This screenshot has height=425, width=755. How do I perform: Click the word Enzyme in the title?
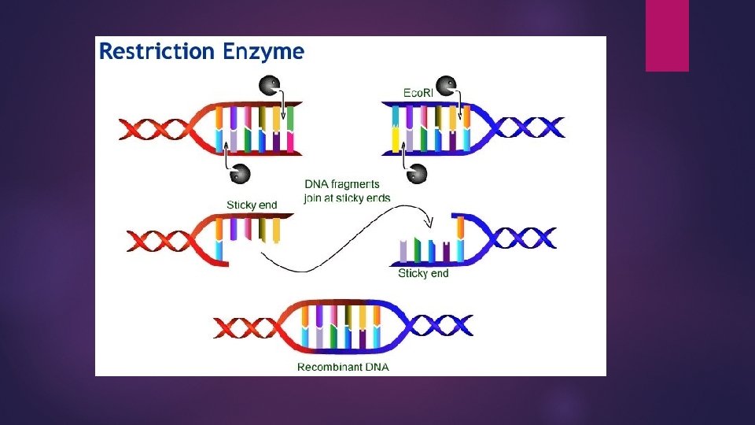263,52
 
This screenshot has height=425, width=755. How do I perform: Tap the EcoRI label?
418,93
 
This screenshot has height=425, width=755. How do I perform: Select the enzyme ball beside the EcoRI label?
446,86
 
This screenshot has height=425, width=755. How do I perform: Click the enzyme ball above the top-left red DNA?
269,86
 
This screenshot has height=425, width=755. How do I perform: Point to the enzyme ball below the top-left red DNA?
240,174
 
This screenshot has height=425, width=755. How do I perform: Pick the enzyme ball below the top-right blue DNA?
417,174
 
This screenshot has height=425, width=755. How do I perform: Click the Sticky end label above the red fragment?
252,205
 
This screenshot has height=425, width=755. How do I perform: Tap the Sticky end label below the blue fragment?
423,273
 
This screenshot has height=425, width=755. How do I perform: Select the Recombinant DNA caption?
343,368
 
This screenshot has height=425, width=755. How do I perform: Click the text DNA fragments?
342,184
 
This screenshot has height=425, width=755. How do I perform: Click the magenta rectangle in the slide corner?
668,35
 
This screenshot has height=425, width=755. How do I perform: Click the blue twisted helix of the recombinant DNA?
439,326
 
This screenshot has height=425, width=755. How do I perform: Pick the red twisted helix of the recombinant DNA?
245,327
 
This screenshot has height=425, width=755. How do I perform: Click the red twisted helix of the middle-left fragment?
159,241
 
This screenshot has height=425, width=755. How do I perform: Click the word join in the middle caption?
312,198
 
